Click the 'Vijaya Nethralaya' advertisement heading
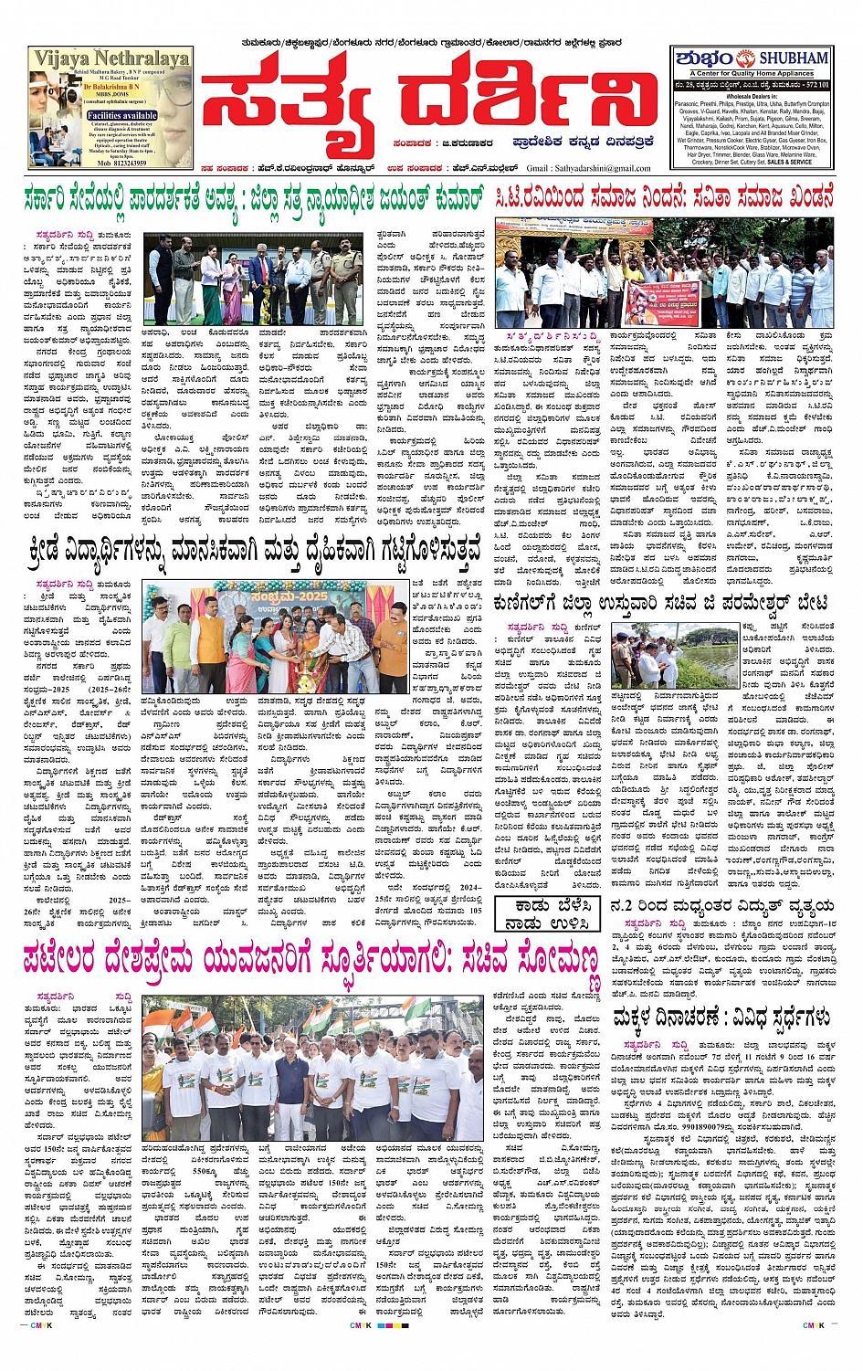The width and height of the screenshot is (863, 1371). coord(111,59)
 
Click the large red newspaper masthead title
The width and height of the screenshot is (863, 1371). coord(430,100)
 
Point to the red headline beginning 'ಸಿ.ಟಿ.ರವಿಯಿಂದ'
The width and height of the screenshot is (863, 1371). coord(664,198)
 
